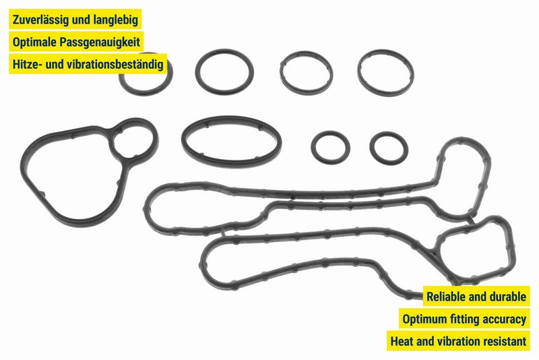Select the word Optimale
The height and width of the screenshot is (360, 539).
(34, 42)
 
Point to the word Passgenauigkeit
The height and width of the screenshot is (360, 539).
(100, 42)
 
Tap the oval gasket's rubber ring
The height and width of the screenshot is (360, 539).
(232, 142)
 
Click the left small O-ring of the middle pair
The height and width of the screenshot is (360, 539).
(331, 148)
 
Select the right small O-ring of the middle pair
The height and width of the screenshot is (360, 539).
(389, 148)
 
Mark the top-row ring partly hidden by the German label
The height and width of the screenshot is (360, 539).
(146, 75)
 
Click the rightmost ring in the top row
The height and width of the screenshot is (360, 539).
(385, 73)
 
